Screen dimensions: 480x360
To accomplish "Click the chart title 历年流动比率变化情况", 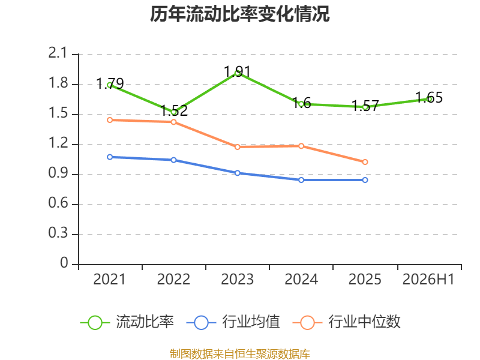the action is tap(239, 14).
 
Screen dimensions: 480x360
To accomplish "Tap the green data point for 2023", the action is tap(237, 73).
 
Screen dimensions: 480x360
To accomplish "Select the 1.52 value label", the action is tap(174, 110).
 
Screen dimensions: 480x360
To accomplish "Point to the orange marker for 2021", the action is tap(110, 120).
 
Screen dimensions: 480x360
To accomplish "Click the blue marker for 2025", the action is tap(365, 180).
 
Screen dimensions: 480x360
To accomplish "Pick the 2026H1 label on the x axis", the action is tap(428, 279).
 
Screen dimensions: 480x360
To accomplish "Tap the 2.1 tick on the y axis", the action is tap(58, 53).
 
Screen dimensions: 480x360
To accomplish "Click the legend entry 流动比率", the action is tap(127, 322).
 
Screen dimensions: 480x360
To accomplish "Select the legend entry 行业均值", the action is tap(233, 322).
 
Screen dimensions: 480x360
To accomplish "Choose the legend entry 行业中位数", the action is tap(347, 322).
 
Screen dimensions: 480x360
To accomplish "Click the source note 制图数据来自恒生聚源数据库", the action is tap(239, 354).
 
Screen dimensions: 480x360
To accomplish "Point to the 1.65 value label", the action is tap(429, 98).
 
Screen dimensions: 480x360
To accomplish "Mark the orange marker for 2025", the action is tap(365, 162).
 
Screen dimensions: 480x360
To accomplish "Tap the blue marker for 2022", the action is tap(173, 160).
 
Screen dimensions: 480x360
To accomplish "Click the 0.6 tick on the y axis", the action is tap(58, 203).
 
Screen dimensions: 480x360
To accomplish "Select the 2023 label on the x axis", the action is tap(237, 279).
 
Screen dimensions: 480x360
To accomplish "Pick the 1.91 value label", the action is tap(237, 71).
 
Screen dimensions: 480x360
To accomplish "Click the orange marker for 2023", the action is tap(237, 147).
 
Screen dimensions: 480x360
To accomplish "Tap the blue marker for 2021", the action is tap(110, 157).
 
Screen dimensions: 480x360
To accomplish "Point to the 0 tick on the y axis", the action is tap(64, 263).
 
